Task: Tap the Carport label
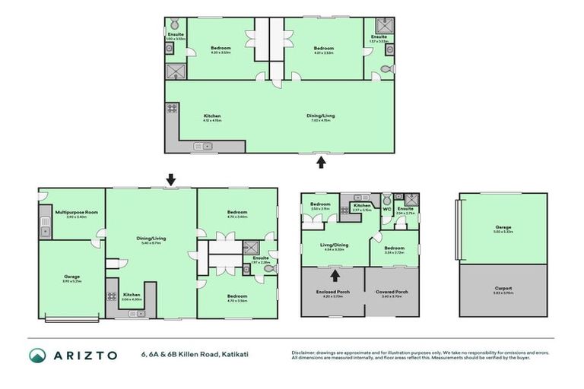pyautogui.click(x=503, y=288)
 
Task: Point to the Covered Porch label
pyautogui.click(x=392, y=292)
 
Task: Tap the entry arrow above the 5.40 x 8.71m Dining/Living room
pyautogui.click(x=170, y=179)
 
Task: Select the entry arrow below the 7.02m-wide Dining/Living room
pyautogui.click(x=321, y=161)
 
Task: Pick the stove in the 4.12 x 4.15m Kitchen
pyautogui.click(x=172, y=108)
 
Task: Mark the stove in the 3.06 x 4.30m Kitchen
pyautogui.click(x=112, y=296)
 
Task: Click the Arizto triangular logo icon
pyautogui.click(x=37, y=355)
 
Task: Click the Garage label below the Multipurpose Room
pyautogui.click(x=71, y=277)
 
